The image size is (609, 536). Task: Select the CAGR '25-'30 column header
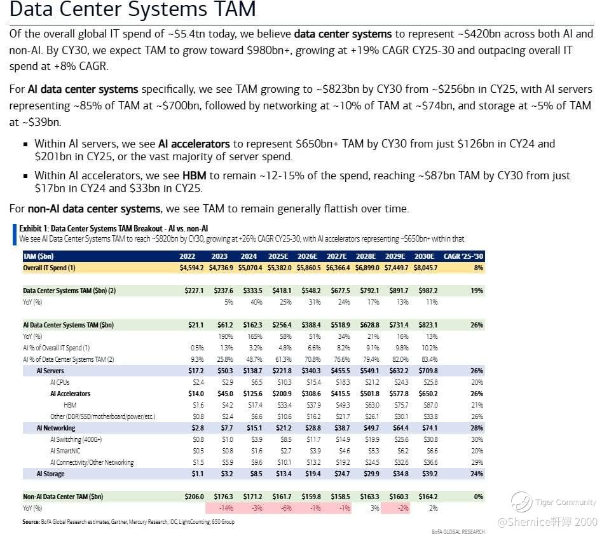pyautogui.click(x=463, y=256)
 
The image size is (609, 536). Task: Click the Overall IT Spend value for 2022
pyautogui.click(x=191, y=268)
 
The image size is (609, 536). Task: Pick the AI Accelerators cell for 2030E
pyautogui.click(x=428, y=394)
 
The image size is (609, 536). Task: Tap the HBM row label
pyautogui.click(x=70, y=405)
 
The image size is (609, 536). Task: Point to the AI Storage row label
pyautogui.click(x=50, y=474)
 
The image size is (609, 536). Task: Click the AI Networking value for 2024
pyautogui.click(x=254, y=428)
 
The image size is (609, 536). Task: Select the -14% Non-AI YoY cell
pyautogui.click(x=226, y=508)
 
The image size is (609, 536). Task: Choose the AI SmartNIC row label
pyautogui.click(x=65, y=451)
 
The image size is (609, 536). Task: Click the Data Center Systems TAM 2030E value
pyautogui.click(x=428, y=291)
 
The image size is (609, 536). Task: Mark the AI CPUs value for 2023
pyautogui.click(x=228, y=382)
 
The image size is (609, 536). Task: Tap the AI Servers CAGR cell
pyautogui.click(x=477, y=371)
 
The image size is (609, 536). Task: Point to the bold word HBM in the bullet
pyautogui.click(x=194, y=175)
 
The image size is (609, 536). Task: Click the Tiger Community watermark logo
pyautogui.click(x=521, y=502)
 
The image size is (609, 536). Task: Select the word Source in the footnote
pyautogui.click(x=31, y=522)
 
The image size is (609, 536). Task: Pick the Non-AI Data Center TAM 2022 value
pyautogui.click(x=194, y=497)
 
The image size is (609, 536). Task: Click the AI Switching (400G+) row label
pyautogui.click(x=76, y=440)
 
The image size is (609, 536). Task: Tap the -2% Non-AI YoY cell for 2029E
pyautogui.click(x=403, y=508)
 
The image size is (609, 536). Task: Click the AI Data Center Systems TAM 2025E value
pyautogui.click(x=282, y=325)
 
